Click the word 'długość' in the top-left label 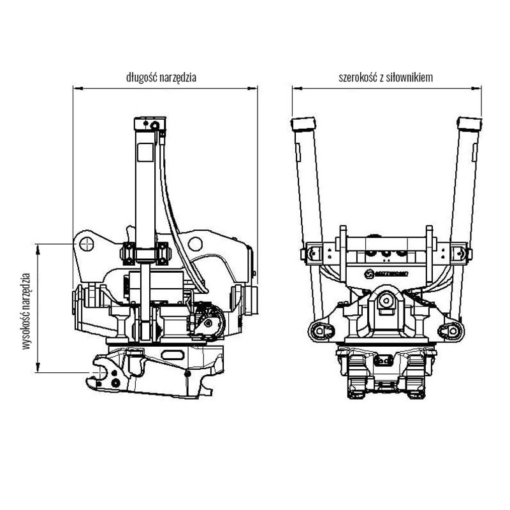point(141,78)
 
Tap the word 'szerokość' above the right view point(359,78)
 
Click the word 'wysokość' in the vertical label point(26,331)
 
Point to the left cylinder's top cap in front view point(303,123)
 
